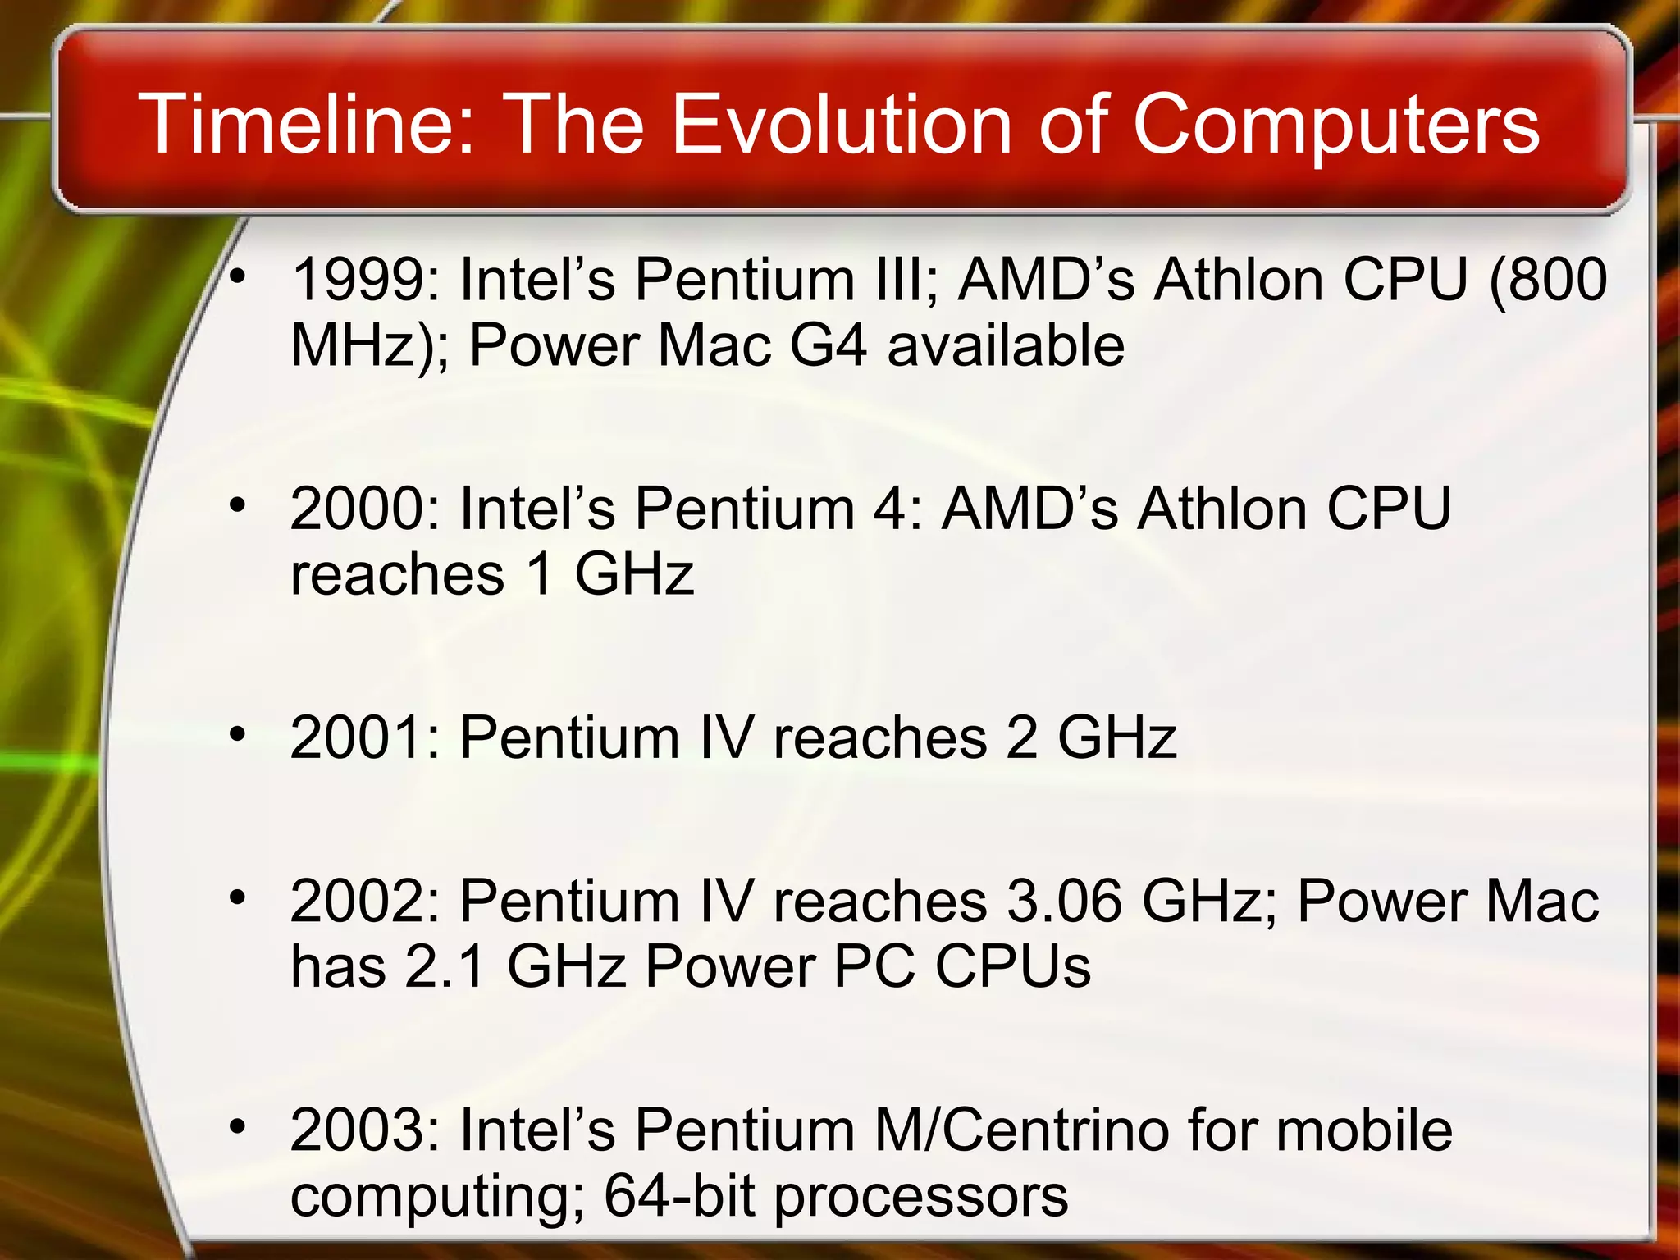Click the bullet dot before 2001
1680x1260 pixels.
click(238, 733)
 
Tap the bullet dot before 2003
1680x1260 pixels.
click(238, 1127)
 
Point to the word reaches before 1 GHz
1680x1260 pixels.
click(398, 573)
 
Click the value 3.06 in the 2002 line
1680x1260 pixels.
click(1064, 902)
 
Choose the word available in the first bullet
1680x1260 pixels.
click(1006, 345)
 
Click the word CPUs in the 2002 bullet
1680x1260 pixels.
click(1013, 966)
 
